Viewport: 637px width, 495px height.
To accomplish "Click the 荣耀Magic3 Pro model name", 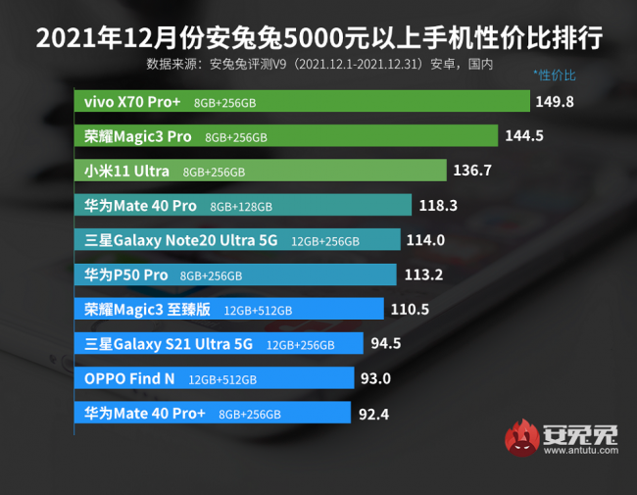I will point(138,136).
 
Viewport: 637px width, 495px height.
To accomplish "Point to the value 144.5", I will point(524,136).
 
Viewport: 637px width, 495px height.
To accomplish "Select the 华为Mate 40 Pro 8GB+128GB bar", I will point(243,206).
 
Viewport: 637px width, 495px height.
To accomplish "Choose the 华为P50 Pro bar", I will point(235,274).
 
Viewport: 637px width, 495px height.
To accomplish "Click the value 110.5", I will point(411,309).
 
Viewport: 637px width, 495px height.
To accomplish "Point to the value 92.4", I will point(374,414).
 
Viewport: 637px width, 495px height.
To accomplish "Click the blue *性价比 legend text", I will point(555,74).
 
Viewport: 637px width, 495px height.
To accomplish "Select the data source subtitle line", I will point(318,65).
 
